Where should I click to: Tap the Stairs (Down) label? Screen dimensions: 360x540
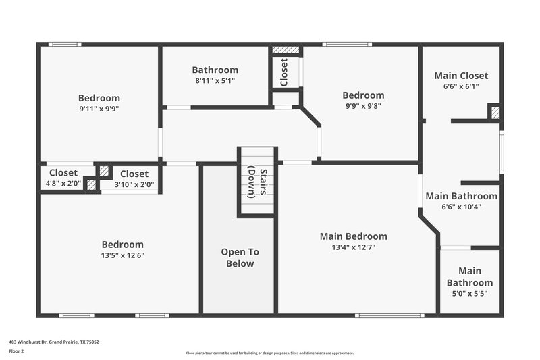[x=257, y=182]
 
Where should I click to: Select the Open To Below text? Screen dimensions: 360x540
[x=240, y=257]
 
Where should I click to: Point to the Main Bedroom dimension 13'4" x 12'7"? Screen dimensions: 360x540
[x=353, y=247]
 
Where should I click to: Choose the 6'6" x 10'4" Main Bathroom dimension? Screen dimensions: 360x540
[x=461, y=207]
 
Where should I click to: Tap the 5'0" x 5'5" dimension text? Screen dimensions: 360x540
[x=469, y=293]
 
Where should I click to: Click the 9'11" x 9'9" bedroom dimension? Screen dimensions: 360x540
[x=99, y=108]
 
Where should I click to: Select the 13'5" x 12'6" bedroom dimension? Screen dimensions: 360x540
[x=122, y=255]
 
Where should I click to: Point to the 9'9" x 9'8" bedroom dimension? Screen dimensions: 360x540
[x=362, y=105]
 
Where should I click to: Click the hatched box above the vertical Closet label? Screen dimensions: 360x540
[x=285, y=50]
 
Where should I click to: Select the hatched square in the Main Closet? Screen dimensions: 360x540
[x=495, y=113]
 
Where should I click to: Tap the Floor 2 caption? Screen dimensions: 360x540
[x=16, y=351]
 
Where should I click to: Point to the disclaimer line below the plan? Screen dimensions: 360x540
[x=269, y=353]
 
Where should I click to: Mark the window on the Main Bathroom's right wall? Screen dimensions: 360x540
[x=501, y=152]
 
